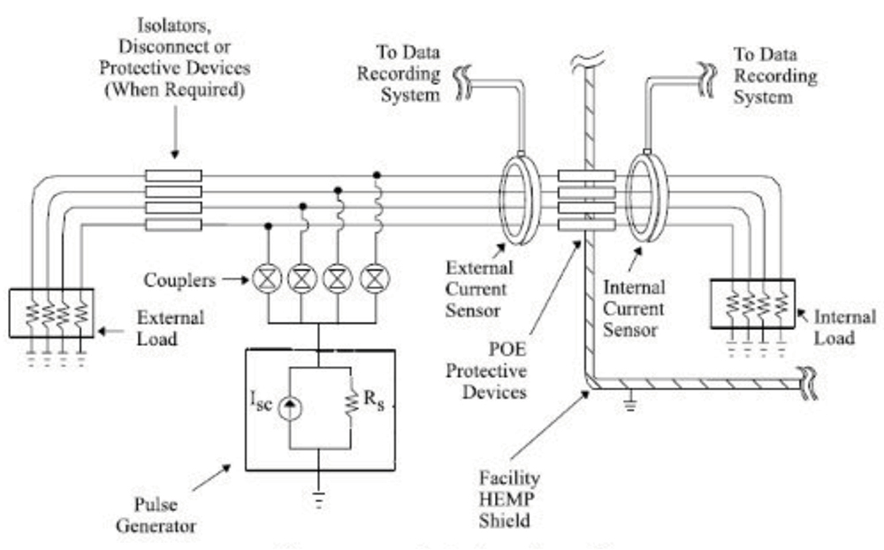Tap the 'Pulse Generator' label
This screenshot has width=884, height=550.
point(157,516)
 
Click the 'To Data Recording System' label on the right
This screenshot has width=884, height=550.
point(775,75)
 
